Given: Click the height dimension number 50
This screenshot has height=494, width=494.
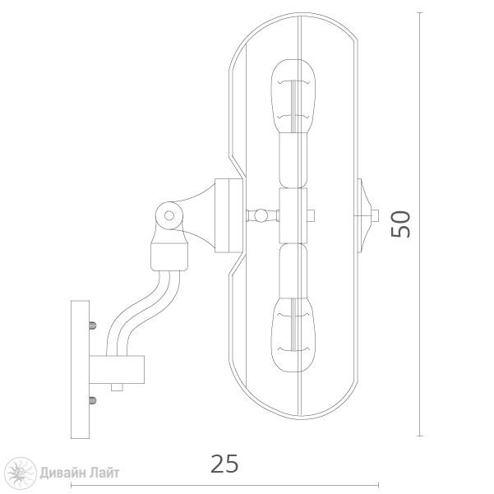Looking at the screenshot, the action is coord(401,224).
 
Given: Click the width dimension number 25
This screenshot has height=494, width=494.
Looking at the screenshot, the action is coord(224,464).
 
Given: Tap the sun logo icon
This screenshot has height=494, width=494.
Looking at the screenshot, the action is coord(21,473).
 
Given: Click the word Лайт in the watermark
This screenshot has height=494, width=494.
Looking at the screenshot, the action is coord(103,473).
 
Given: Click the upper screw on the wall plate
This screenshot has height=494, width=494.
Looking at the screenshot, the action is coord(93,325).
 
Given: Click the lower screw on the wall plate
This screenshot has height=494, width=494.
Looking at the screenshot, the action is coord(93,401).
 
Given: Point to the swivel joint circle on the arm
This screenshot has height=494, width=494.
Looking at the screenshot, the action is coord(169,216).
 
